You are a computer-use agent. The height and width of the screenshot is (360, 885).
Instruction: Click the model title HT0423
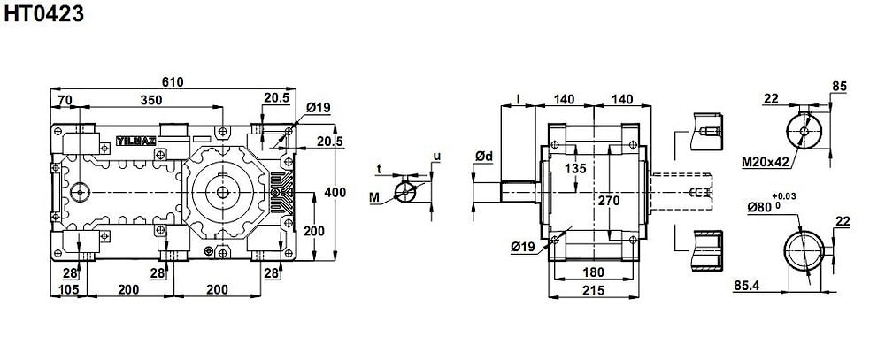click(x=44, y=13)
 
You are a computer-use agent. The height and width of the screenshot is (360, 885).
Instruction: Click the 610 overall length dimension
click(x=173, y=81)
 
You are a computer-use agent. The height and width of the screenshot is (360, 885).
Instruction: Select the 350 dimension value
click(x=151, y=100)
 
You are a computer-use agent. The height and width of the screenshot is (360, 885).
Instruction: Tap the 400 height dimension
click(x=335, y=193)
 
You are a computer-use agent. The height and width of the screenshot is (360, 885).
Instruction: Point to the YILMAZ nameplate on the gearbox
click(x=136, y=141)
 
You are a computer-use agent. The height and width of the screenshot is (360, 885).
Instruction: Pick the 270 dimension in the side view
click(x=609, y=200)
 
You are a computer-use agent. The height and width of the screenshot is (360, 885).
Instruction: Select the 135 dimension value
click(x=575, y=168)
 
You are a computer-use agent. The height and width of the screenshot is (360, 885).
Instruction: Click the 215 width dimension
click(x=593, y=290)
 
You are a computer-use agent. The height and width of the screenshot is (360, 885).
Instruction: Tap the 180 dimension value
click(x=593, y=272)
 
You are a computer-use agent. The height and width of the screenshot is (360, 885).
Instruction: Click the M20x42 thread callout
click(x=766, y=163)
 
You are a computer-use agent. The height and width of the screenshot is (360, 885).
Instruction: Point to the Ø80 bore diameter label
click(x=761, y=207)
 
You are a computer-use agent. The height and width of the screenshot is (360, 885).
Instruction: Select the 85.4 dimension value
click(x=746, y=286)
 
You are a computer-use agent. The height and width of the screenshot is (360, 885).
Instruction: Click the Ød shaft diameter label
click(x=484, y=157)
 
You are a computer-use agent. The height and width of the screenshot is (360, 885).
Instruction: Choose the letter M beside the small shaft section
click(x=374, y=197)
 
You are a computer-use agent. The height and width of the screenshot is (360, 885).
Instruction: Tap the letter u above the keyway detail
click(x=435, y=156)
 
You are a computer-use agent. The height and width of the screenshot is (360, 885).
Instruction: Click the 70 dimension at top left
click(x=65, y=100)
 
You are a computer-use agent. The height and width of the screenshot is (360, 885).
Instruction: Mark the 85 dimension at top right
click(x=839, y=87)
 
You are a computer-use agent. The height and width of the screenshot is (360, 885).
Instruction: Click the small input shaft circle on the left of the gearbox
click(x=80, y=192)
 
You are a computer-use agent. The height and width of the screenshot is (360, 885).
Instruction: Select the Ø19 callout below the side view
click(x=523, y=247)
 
